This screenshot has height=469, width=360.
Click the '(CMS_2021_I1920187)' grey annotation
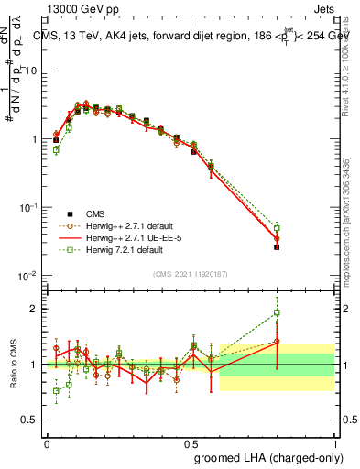point(190,273)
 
